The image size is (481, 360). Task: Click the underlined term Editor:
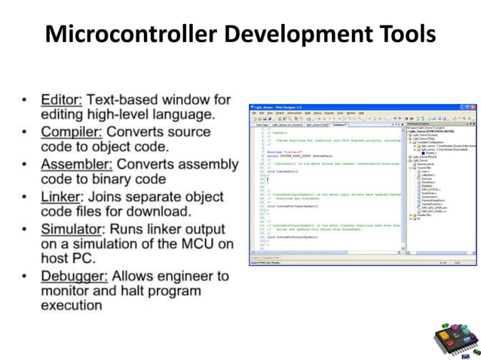point(62,99)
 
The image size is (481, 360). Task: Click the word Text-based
point(119,99)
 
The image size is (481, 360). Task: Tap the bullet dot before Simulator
point(26,229)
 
